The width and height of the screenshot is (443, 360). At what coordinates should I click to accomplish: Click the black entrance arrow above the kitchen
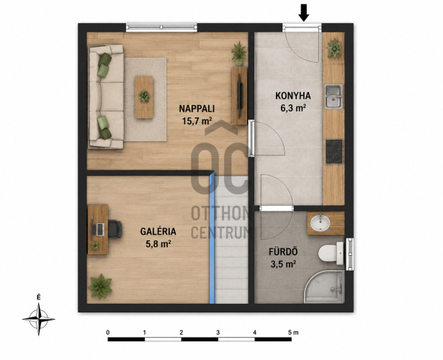click(304, 13)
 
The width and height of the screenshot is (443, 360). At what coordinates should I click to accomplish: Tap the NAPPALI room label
click(197, 109)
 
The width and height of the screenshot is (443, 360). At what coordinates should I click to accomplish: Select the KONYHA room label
click(293, 96)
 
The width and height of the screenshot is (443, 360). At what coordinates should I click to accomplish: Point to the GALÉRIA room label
click(158, 231)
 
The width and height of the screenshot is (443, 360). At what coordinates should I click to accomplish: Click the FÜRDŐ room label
click(283, 251)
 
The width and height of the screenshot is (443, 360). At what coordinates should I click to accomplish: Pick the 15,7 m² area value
click(197, 121)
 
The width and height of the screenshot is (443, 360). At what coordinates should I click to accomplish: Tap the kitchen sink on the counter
click(334, 96)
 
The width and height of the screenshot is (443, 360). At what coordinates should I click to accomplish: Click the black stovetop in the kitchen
click(334, 152)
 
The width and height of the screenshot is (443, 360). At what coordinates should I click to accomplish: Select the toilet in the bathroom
click(331, 253)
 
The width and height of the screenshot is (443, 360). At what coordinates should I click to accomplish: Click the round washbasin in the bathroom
click(320, 223)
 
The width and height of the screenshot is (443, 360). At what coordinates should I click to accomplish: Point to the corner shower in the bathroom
click(325, 287)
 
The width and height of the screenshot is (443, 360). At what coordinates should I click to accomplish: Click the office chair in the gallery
click(115, 229)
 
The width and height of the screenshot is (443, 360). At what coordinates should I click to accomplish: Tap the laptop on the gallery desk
click(99, 229)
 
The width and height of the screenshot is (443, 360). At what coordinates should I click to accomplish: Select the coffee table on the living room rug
click(144, 97)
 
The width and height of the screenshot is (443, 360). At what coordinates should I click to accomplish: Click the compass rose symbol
click(39, 320)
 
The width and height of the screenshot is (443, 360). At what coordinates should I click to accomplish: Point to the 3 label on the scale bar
click(218, 333)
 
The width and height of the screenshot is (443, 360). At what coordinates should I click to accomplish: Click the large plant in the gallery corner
click(100, 287)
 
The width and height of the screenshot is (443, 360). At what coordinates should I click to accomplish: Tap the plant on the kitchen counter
click(334, 48)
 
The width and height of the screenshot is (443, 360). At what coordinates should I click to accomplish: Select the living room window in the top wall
click(161, 27)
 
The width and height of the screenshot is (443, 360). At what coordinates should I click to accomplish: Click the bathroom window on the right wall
click(349, 254)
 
